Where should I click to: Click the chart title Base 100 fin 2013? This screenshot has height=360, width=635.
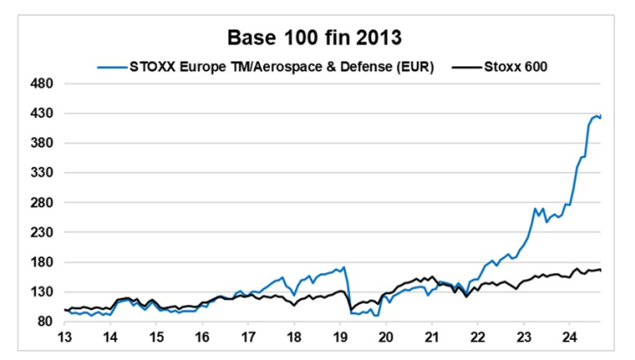317,38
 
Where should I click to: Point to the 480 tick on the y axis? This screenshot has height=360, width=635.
43,84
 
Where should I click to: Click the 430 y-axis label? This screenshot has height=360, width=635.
43,114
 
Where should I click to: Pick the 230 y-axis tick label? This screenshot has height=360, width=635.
43,232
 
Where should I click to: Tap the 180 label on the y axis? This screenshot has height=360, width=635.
43,262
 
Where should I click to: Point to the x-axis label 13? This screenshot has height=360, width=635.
64,338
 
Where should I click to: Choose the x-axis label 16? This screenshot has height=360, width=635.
202,338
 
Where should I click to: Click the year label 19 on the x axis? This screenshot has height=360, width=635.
339,338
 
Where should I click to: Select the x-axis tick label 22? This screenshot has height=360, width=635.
477,338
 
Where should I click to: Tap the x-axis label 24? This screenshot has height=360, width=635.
568,338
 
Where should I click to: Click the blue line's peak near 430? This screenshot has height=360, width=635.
597,115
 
